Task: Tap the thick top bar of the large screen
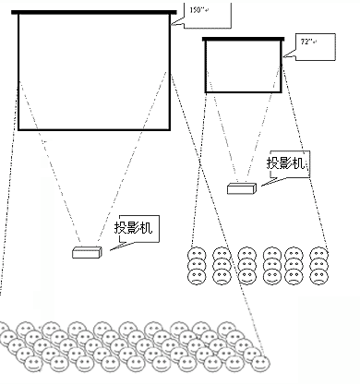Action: pos(94,12)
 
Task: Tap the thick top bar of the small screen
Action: pos(243,39)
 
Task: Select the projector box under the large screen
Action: pos(87,253)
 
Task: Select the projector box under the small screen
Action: pos(242,188)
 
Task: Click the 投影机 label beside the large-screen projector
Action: pos(133,228)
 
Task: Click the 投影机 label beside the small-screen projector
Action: pos(285,163)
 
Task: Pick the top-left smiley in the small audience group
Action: pos(197,255)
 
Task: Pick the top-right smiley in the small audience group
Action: pos(319,255)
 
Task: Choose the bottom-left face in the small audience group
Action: pos(197,276)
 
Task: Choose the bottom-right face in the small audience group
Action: pos(319,276)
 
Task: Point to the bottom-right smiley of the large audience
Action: pos(260,364)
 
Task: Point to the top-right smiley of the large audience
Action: pos(227,329)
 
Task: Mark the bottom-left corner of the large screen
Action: pos(18,130)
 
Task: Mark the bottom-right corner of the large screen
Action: pos(170,130)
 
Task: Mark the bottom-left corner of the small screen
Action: pos(206,92)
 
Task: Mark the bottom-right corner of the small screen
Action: pos(282,92)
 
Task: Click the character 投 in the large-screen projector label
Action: pos(120,228)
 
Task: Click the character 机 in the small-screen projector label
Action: pos(298,163)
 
